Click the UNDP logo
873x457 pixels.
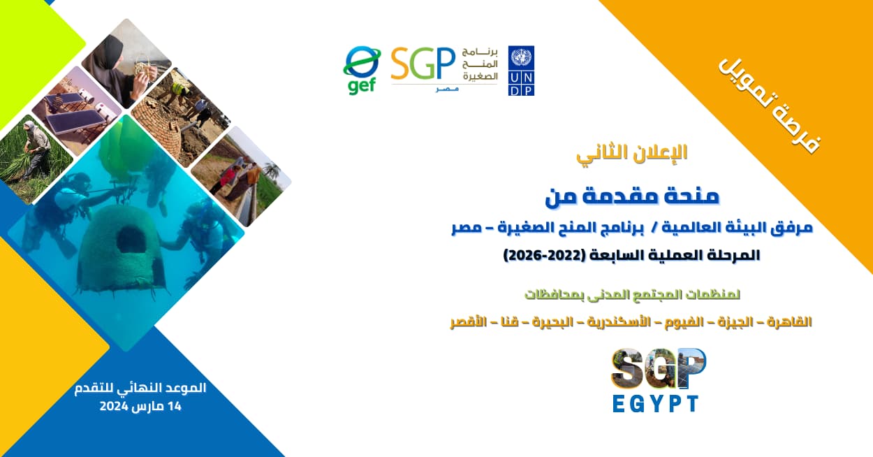(x=521, y=71)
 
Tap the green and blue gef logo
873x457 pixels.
(x=362, y=71)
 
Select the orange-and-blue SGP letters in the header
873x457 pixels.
(x=423, y=64)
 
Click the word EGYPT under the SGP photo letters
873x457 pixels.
(x=656, y=404)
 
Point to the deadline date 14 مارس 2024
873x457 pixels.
(x=140, y=406)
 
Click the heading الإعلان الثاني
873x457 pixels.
(x=632, y=153)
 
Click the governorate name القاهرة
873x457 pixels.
(x=789, y=322)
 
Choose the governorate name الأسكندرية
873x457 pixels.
(x=619, y=322)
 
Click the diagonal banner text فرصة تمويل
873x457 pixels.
(x=770, y=106)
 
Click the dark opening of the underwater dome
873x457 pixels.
(x=131, y=240)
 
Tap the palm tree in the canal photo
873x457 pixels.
(x=272, y=172)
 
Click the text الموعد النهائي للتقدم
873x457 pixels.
(x=140, y=389)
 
